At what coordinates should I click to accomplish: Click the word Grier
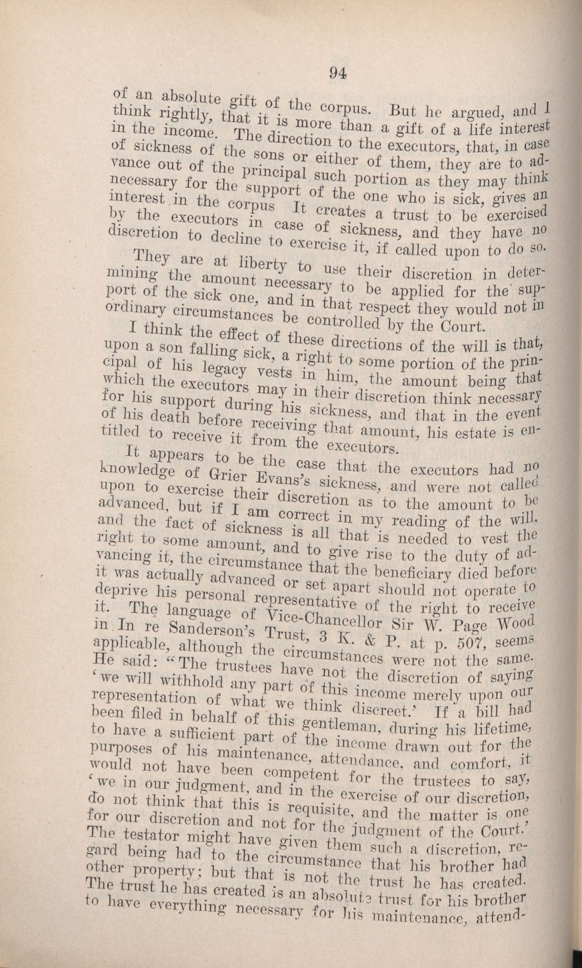[x=224, y=474]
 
